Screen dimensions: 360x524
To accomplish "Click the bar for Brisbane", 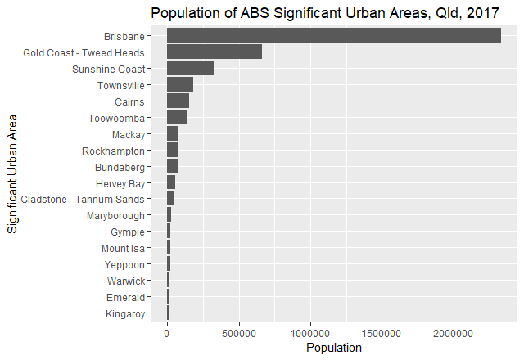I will coord(333,36).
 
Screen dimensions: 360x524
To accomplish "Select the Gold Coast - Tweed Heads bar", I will coord(215,52).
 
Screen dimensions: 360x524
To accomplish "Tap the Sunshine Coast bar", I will coord(190,69).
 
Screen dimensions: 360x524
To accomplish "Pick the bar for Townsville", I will coord(180,85).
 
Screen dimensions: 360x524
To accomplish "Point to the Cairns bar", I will coord(178,101).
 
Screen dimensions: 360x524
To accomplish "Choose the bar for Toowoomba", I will coord(177,118).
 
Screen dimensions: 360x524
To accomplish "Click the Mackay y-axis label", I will coord(128,134).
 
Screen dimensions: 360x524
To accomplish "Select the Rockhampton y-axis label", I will coord(113,151).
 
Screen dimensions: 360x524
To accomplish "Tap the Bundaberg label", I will coord(120,167).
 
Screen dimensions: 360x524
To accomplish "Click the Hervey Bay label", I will coord(120,183).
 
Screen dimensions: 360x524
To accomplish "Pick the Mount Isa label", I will coord(123,249).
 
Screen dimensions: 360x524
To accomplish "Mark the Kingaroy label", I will coord(125,314).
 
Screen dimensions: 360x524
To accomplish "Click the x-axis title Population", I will coord(333,348).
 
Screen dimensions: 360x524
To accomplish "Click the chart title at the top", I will coord(323,12).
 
